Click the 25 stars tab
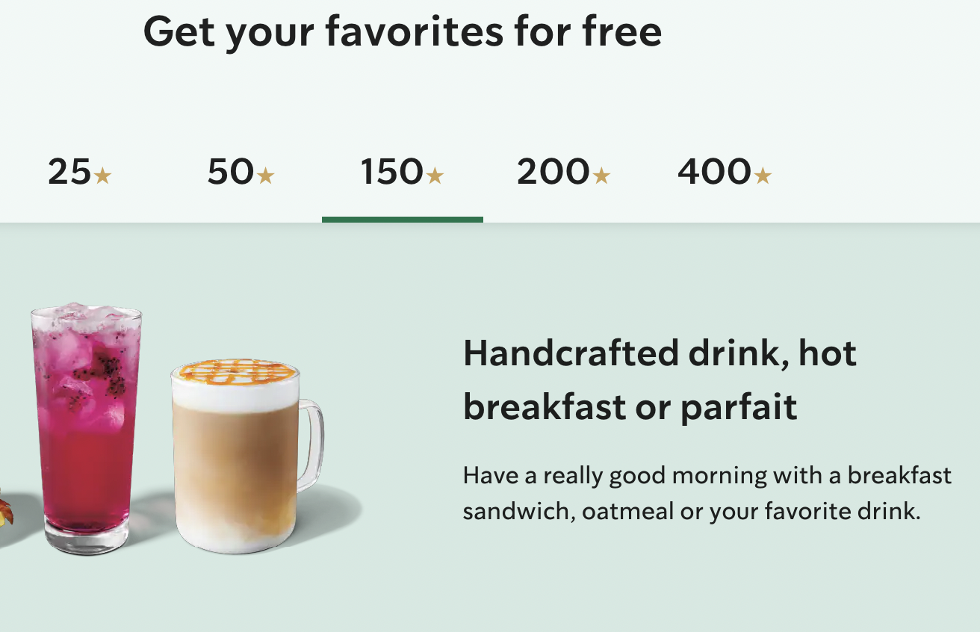(x=79, y=173)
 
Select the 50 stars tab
(x=241, y=173)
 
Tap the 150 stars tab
(x=402, y=173)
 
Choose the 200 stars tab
(x=563, y=173)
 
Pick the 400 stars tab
(x=724, y=173)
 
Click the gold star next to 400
(x=763, y=176)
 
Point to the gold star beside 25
(x=103, y=176)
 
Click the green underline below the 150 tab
(x=402, y=220)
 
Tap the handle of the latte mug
(x=311, y=445)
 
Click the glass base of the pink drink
(x=87, y=537)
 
